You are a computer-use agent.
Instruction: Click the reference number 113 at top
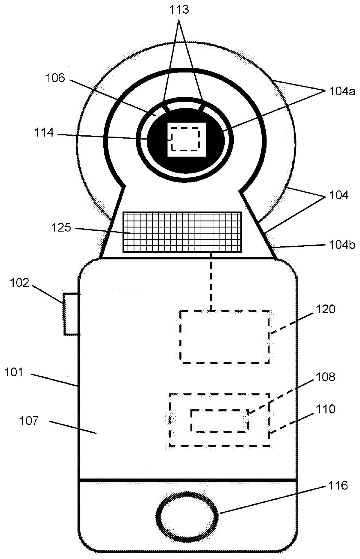[x=179, y=10]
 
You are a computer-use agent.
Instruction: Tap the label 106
[x=56, y=78]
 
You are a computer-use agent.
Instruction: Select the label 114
[x=44, y=133]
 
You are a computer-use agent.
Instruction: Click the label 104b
[x=342, y=246]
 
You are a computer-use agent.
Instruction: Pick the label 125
[x=61, y=228]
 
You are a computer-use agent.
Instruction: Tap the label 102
[x=20, y=283]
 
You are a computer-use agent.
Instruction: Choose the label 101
[x=14, y=372]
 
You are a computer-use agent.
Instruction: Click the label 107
[x=29, y=421]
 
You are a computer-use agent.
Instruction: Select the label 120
[x=326, y=309]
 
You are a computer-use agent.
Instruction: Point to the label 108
[x=326, y=377]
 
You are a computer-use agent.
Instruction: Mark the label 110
[x=326, y=409]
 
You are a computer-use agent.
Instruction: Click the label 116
[x=338, y=485]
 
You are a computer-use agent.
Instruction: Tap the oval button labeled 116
[x=187, y=516]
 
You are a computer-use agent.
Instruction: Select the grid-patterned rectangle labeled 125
[x=182, y=232]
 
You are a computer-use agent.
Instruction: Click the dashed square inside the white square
[x=186, y=139]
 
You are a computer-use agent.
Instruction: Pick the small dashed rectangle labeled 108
[x=220, y=421]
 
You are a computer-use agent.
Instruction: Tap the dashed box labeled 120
[x=225, y=337]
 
